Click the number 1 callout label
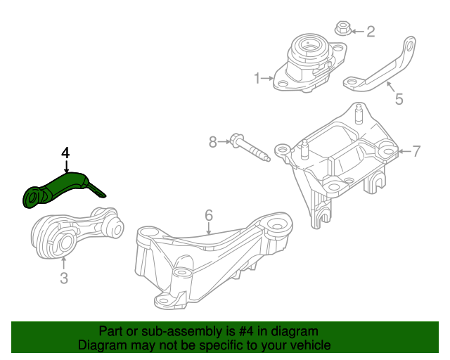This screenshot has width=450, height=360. click(x=257, y=77)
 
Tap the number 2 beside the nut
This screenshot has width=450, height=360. click(x=371, y=31)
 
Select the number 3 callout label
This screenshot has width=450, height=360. click(x=63, y=279)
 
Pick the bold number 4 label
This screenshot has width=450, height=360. click(x=65, y=153)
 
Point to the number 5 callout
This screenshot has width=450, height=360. click(x=399, y=99)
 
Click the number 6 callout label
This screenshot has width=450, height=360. click(x=208, y=214)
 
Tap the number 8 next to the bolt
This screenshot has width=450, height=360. click(x=213, y=143)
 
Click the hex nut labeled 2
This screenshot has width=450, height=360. click(x=343, y=30)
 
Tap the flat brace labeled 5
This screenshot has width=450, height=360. click(x=383, y=70)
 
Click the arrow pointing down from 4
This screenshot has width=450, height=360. click(x=65, y=167)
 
